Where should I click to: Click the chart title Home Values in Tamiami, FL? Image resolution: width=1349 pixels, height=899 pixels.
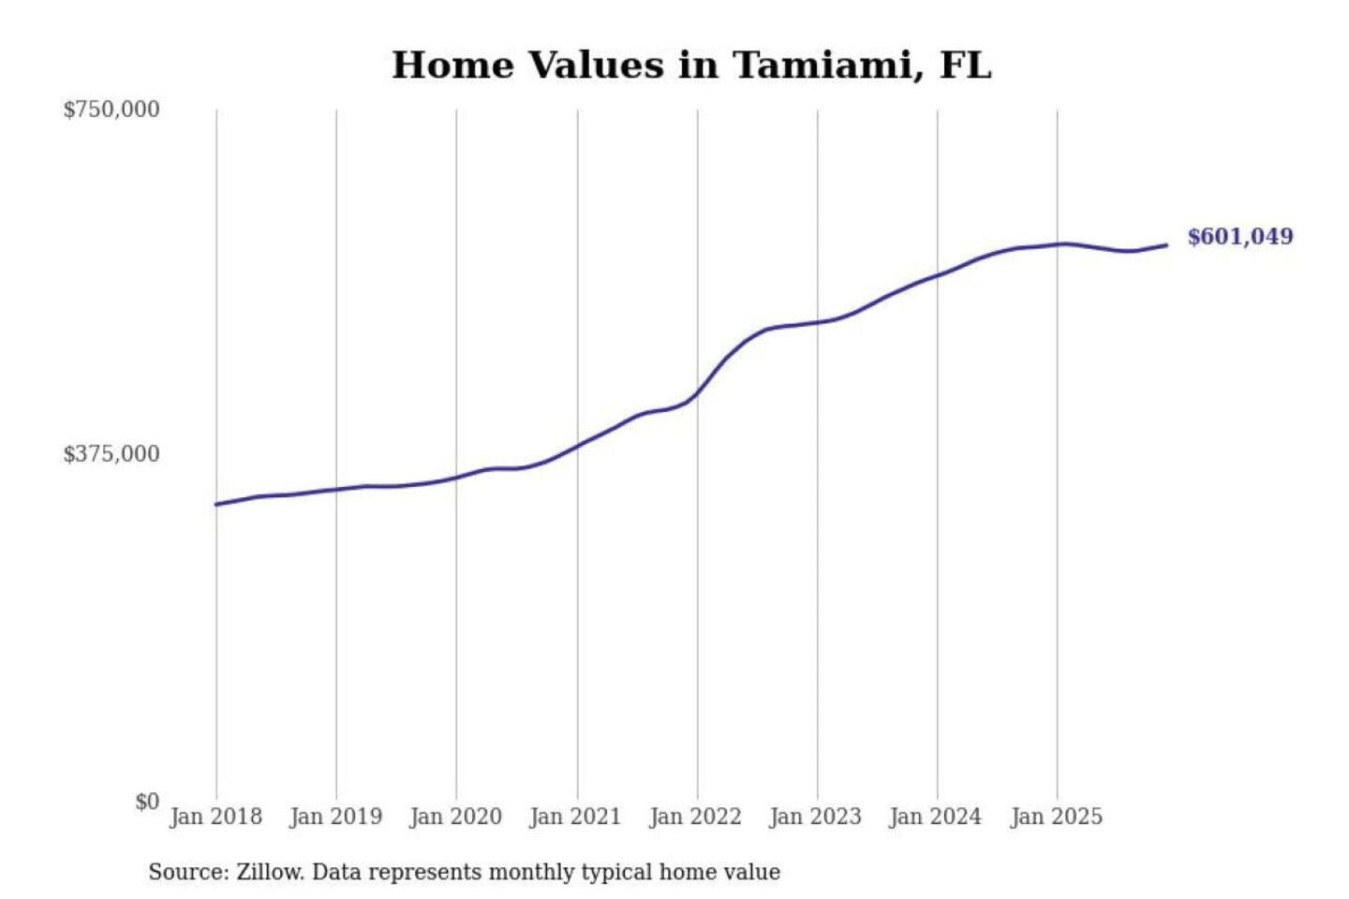click(x=691, y=66)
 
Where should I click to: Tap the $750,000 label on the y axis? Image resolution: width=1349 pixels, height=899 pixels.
click(x=111, y=110)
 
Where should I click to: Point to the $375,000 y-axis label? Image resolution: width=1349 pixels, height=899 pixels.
click(x=111, y=454)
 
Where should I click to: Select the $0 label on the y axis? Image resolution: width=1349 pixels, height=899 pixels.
click(x=147, y=802)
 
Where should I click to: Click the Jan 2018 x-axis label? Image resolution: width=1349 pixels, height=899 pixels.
click(x=215, y=817)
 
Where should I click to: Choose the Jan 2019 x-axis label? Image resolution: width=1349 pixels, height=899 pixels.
click(x=335, y=817)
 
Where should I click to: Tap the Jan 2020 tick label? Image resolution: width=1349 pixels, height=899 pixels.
click(x=455, y=817)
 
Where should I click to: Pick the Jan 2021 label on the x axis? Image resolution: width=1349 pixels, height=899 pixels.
click(x=575, y=817)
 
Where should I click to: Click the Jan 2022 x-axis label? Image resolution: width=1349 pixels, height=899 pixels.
click(x=695, y=817)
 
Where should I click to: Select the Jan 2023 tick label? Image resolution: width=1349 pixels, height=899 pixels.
click(x=815, y=817)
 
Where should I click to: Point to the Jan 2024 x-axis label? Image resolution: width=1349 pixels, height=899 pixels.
click(x=935, y=817)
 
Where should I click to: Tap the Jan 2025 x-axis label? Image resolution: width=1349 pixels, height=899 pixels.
click(x=1056, y=817)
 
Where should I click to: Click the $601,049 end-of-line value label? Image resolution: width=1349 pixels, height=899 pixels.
click(x=1240, y=237)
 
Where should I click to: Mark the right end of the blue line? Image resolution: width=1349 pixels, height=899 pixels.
click(x=1166, y=245)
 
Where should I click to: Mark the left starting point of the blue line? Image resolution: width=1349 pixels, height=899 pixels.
click(x=216, y=504)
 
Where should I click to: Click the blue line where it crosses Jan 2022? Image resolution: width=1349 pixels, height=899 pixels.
click(x=697, y=393)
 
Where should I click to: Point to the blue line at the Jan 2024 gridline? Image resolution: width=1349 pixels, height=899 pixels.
click(x=938, y=275)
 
